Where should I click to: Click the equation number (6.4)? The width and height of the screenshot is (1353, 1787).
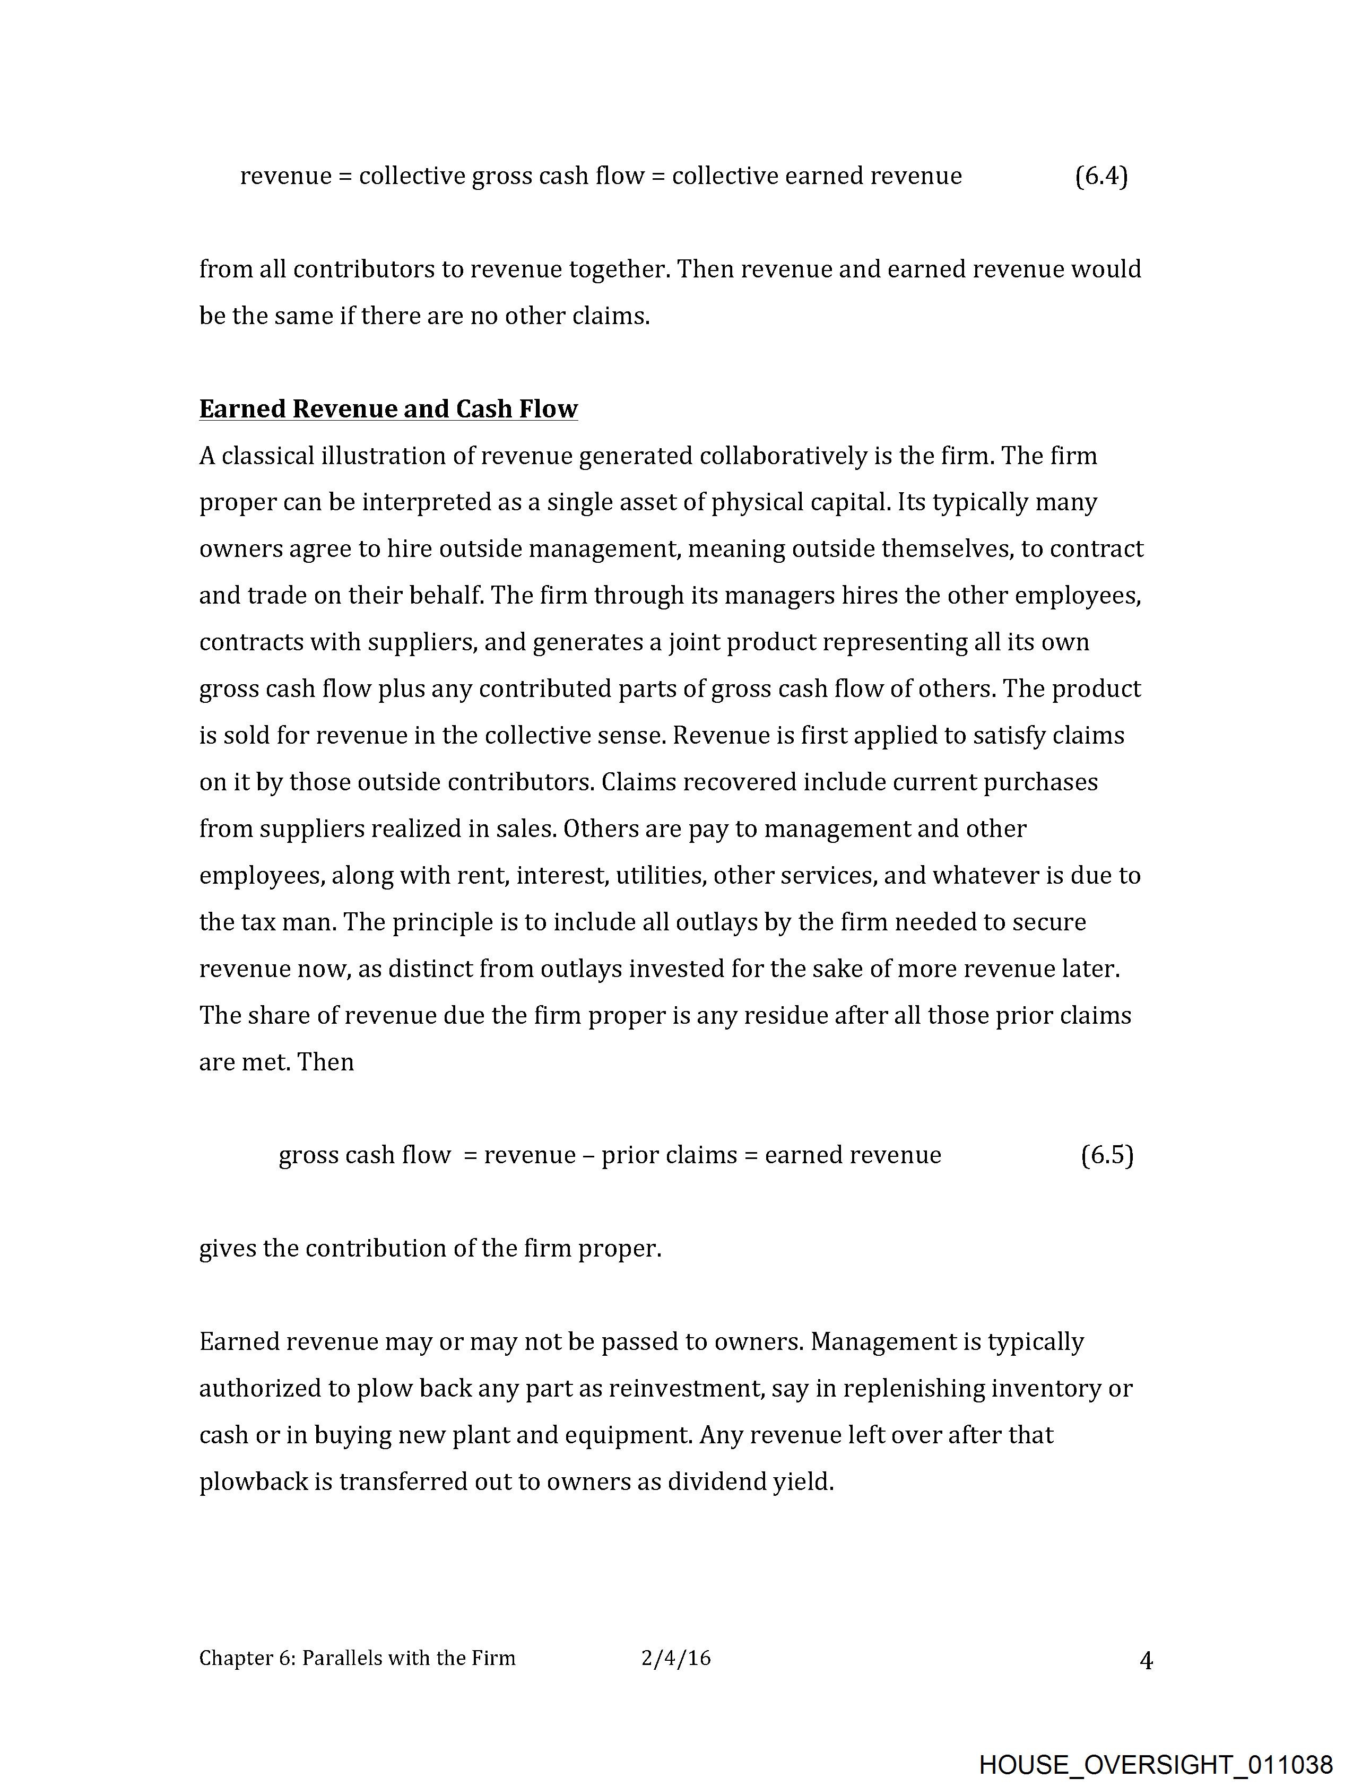pos(1101,176)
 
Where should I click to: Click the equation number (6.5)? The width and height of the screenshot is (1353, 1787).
pos(1106,1155)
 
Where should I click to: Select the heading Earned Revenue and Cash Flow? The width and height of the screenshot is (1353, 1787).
pos(388,409)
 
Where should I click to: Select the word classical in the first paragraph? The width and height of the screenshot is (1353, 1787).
pos(267,457)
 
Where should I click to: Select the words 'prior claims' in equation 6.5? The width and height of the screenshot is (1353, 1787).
pos(669,1155)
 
